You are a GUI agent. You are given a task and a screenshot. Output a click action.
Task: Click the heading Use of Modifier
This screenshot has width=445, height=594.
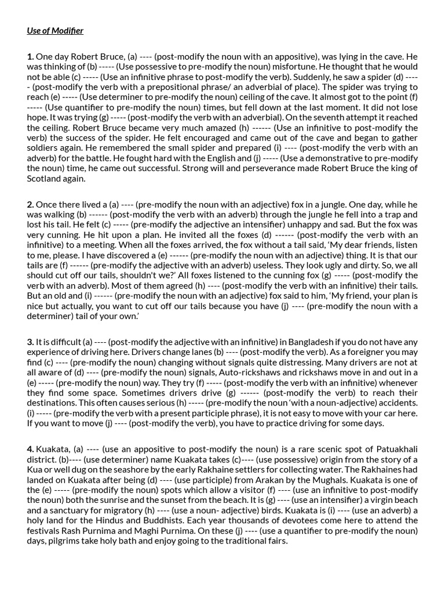[55, 31]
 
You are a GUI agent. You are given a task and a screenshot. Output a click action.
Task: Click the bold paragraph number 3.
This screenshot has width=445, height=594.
[30, 342]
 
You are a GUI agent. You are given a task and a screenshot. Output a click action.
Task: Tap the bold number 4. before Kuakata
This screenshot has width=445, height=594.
[30, 450]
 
